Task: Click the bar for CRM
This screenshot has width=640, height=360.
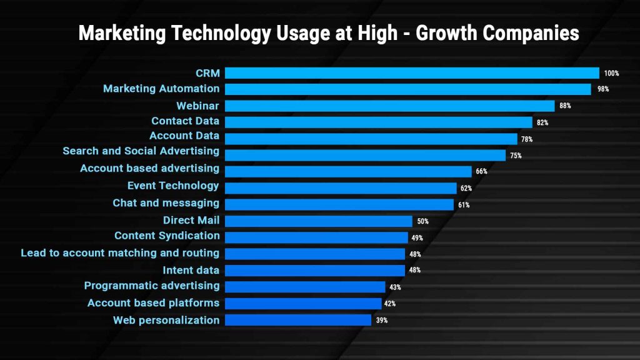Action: (412, 73)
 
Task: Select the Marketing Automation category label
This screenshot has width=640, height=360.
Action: (161, 89)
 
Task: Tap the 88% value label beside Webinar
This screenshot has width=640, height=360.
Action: (565, 106)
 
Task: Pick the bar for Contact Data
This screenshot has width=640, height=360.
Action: (378, 122)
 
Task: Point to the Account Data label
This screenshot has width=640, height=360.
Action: (184, 136)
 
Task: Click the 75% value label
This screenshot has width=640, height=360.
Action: (516, 156)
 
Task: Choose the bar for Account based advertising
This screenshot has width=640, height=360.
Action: (348, 171)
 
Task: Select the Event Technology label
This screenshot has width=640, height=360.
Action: (173, 186)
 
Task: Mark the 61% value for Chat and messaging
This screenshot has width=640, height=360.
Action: (464, 205)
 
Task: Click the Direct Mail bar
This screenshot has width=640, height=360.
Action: (318, 221)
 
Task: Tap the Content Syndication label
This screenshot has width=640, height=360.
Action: (167, 236)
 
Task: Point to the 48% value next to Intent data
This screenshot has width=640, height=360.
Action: (415, 271)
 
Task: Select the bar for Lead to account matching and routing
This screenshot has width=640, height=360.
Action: (315, 254)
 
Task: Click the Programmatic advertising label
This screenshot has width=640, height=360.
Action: (152, 286)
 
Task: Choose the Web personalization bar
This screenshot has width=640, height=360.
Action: (298, 320)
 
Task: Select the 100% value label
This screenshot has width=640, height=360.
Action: (611, 74)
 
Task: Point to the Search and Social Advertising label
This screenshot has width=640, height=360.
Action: (141, 151)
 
